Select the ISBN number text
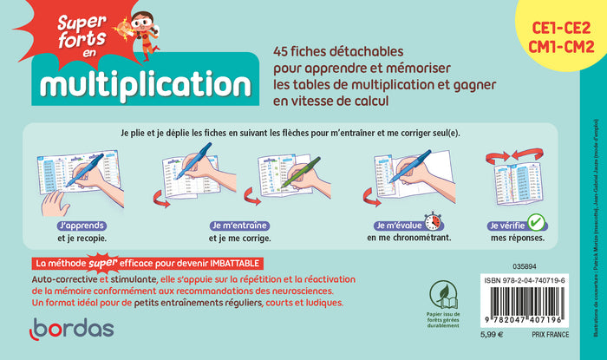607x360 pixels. click(x=538, y=281)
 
